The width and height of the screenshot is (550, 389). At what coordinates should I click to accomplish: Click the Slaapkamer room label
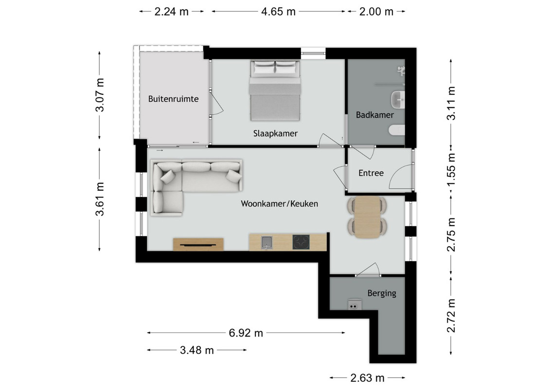tap(275, 133)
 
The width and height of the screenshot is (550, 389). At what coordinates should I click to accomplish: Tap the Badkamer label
tap(374, 115)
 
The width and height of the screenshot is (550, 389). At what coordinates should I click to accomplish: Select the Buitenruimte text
tap(173, 99)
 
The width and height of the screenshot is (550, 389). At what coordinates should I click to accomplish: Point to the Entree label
tap(371, 173)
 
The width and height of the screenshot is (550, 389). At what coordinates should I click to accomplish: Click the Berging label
tap(382, 293)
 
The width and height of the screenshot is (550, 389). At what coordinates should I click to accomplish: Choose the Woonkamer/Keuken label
tap(279, 204)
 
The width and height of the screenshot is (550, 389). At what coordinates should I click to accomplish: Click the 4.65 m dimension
tap(279, 12)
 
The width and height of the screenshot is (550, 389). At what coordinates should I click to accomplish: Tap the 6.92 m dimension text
tap(246, 333)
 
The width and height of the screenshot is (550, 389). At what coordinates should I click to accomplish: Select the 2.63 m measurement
tap(367, 378)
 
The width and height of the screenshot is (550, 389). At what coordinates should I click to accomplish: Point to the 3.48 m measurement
tap(197, 350)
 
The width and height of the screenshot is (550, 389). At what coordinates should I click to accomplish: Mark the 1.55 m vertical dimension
tap(451, 170)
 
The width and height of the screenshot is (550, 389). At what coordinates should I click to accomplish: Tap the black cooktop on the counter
tap(301, 242)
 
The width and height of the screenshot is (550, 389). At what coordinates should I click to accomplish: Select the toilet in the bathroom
tap(397, 130)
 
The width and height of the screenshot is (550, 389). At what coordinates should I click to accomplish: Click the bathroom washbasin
tap(398, 100)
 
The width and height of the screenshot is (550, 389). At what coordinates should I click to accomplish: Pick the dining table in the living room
tap(367, 217)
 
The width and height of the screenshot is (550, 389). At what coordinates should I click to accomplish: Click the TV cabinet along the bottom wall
tap(198, 245)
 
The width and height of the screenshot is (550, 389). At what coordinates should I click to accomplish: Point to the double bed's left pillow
tap(264, 68)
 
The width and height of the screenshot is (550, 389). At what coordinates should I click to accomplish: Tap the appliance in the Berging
tap(355, 305)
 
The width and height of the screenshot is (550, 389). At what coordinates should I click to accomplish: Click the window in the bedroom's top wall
tap(313, 53)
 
